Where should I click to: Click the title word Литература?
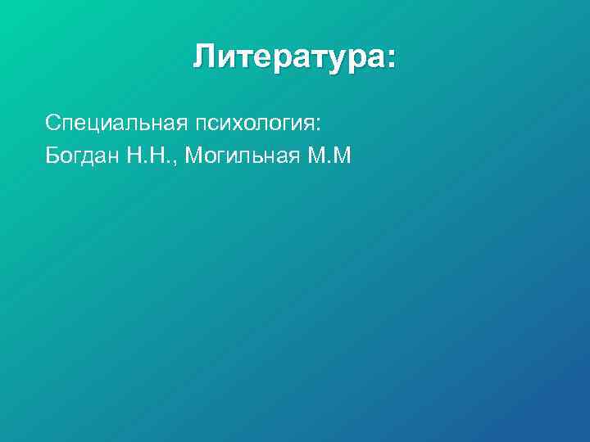[288, 58]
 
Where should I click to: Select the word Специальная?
[117, 124]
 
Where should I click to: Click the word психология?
[254, 124]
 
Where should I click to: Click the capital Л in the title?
[205, 58]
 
